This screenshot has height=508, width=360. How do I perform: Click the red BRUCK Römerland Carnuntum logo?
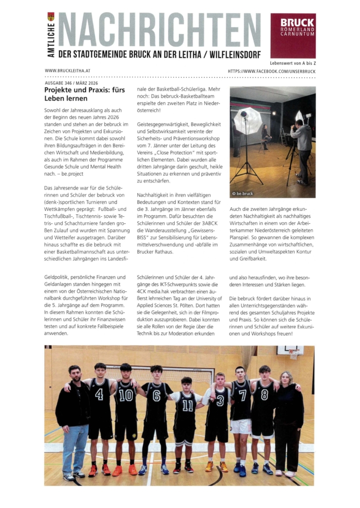click(x=293, y=36)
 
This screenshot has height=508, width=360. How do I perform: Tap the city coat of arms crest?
click(x=51, y=16)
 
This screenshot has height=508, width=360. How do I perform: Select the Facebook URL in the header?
click(x=271, y=71)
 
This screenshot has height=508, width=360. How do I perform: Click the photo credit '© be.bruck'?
click(x=243, y=192)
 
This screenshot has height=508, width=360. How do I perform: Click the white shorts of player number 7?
click(x=241, y=426)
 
